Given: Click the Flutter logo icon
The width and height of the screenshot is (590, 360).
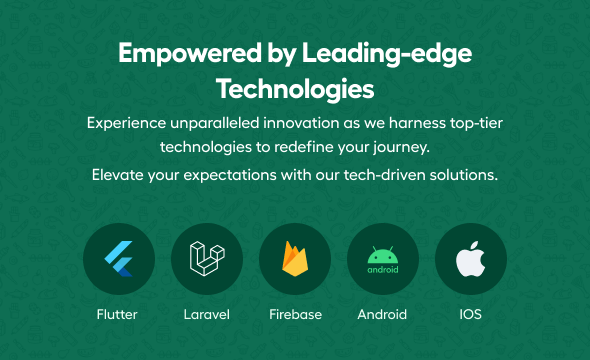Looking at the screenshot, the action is click(x=119, y=259).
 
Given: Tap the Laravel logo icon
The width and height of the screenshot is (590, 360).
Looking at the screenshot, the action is click(x=207, y=258).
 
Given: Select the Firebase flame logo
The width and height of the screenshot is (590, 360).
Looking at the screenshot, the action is click(x=295, y=259).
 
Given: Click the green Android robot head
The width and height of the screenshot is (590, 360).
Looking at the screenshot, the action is click(x=383, y=255).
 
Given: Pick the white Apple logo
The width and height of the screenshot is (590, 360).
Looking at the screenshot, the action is click(x=470, y=259).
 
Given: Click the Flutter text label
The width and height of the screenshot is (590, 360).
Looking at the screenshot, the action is click(x=117, y=314).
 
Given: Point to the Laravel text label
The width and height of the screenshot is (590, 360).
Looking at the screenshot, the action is click(x=207, y=314).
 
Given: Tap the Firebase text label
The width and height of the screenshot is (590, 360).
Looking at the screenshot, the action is click(x=295, y=314).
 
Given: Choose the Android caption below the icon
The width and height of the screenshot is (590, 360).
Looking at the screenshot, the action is click(x=382, y=314).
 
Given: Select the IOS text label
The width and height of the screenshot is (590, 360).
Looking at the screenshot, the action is click(x=470, y=314).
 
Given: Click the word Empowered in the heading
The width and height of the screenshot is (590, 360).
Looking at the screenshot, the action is click(x=190, y=53).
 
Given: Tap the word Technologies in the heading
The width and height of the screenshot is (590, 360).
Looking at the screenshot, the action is click(x=295, y=89).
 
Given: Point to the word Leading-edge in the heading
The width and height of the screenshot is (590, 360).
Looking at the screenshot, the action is click(x=387, y=53).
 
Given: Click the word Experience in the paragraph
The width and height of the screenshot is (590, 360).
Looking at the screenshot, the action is click(x=126, y=123).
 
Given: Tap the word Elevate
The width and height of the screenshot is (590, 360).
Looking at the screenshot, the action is click(x=118, y=175).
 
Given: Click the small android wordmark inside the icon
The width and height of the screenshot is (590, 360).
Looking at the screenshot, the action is click(x=383, y=270).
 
